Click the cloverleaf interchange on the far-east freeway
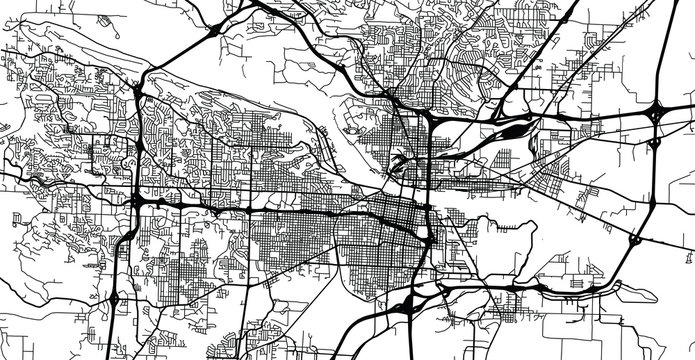(x=659, y=114)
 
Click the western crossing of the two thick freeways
(x=138, y=200)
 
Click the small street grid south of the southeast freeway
(x=520, y=310)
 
